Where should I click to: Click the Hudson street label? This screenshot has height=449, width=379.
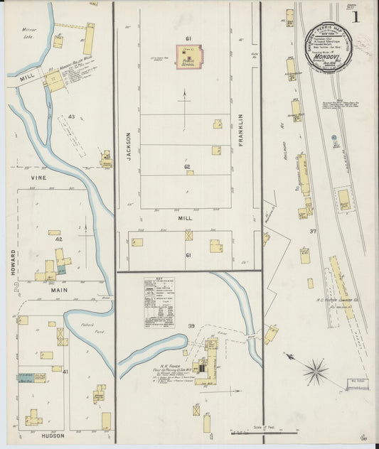click(53, 435)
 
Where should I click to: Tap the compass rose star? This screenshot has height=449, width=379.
click(315, 370)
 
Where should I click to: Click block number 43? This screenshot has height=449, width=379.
click(71, 116)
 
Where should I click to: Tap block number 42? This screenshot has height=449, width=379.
click(59, 240)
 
